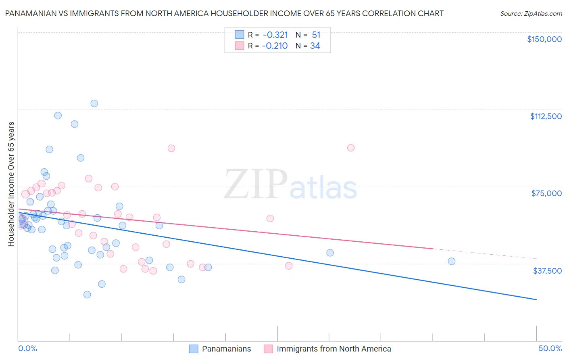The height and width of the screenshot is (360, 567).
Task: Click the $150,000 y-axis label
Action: click(544, 39)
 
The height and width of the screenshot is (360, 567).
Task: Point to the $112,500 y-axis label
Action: click(546, 116)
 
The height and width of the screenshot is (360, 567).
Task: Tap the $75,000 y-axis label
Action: click(546, 193)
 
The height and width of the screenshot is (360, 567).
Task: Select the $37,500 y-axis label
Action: click(547, 271)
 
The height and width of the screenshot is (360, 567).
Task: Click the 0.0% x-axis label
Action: click(28, 348)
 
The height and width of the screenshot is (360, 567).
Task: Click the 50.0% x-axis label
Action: click(550, 348)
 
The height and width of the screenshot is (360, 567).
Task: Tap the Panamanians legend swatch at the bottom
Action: click(194, 349)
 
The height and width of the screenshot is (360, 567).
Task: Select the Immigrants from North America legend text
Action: click(334, 349)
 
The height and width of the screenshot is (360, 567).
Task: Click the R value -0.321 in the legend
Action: click(275, 35)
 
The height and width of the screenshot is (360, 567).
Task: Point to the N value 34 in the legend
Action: click(315, 46)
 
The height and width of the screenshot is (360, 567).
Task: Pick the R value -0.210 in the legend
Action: click(275, 46)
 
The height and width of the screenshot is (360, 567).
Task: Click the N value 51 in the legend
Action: click(316, 35)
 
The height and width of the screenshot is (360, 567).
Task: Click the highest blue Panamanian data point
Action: click(94, 103)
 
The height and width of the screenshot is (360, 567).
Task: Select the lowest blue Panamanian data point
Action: click(87, 295)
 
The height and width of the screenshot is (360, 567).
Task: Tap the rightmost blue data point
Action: click(452, 261)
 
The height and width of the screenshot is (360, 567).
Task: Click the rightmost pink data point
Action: click(351, 148)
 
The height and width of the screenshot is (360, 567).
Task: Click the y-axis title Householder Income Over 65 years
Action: click(11, 184)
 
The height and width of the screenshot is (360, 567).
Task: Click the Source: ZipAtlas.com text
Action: click(531, 14)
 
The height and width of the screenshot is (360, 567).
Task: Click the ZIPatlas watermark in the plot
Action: click(290, 185)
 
